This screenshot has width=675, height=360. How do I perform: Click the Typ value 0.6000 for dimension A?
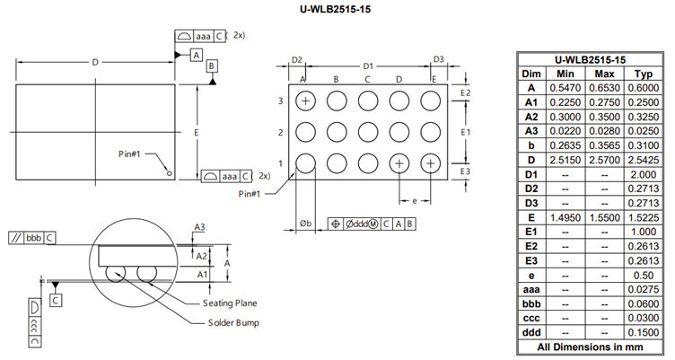[x=641, y=89]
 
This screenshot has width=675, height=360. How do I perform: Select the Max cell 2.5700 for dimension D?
[x=604, y=158]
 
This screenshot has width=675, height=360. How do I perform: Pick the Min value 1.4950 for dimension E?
[x=565, y=216]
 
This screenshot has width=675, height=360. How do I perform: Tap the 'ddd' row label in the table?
[x=531, y=332]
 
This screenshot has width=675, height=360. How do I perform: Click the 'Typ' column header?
[x=641, y=72]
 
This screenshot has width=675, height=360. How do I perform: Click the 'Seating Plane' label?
[x=232, y=303]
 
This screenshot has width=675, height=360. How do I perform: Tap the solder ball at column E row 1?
[x=431, y=163]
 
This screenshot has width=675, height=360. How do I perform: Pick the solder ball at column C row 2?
[x=368, y=132]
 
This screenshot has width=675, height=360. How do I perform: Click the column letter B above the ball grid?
[x=336, y=80]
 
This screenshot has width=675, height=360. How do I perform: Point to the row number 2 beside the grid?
[x=281, y=133]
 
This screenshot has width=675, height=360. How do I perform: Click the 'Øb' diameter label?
[x=305, y=224]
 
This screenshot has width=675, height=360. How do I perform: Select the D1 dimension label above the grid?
[x=367, y=66]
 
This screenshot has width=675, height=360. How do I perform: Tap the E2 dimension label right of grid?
[x=465, y=93]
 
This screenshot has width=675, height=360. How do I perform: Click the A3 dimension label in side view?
[x=201, y=228]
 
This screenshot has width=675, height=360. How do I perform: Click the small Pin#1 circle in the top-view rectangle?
[x=168, y=172]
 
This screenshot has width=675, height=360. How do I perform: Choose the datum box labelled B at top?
[x=211, y=67]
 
